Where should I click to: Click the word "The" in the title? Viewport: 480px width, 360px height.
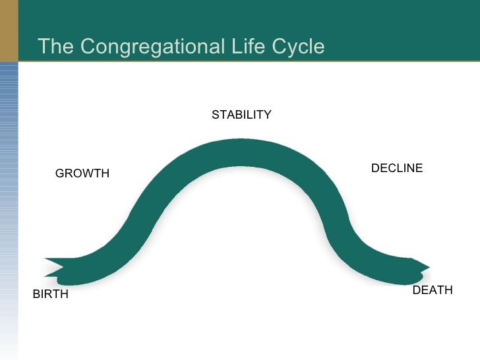click(x=53, y=47)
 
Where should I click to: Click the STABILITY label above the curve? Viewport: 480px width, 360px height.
click(x=241, y=115)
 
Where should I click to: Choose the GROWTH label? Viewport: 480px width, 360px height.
click(x=82, y=174)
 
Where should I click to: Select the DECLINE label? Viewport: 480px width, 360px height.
click(x=397, y=168)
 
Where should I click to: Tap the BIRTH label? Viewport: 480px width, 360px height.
click(x=51, y=295)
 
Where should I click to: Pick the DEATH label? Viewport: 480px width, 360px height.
click(x=433, y=290)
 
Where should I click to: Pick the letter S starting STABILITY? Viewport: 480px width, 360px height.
click(x=215, y=115)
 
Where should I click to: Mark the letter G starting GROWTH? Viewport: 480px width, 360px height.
click(x=59, y=174)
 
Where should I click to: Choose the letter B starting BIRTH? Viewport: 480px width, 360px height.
click(x=36, y=295)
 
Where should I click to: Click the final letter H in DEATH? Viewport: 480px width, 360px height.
click(x=449, y=290)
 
